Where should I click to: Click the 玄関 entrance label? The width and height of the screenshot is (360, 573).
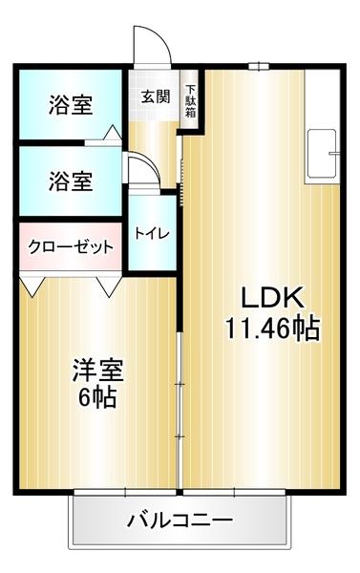pos(156,95)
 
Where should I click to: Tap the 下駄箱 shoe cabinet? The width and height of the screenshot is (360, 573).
pos(190,95)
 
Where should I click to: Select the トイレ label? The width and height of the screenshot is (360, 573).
pos(149,232)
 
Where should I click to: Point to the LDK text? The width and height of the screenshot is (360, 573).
pos(270,296)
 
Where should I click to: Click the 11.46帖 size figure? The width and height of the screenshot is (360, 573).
pos(271,329)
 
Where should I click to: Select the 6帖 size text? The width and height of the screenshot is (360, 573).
pos(96,396)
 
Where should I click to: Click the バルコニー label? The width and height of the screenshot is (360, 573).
pos(179,521)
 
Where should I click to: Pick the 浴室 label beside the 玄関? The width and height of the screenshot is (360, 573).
pos(71,105)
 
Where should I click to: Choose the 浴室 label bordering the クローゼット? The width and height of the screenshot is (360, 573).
pos(71,179)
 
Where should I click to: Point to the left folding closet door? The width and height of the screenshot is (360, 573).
pos(34,285)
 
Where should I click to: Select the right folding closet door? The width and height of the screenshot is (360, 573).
pos(106,285)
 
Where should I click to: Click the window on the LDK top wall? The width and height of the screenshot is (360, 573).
pos(256,66)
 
